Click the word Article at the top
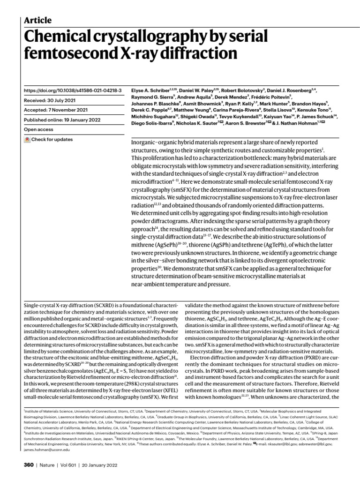37,20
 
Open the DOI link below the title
73,90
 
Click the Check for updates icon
27,140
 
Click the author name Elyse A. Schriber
147,90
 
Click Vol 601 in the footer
74,465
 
